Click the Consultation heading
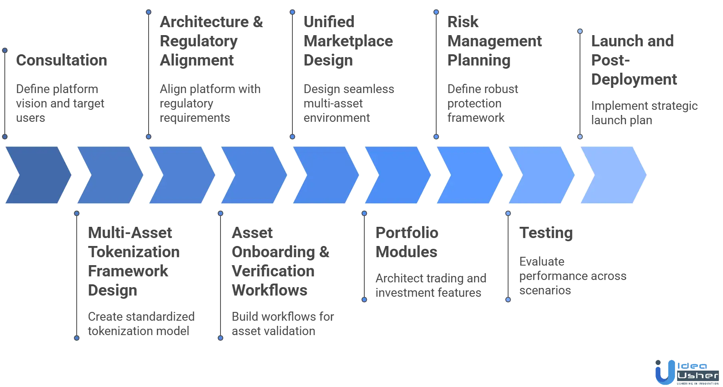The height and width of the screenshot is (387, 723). pyautogui.click(x=62, y=61)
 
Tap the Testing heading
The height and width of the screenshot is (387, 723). pyautogui.click(x=546, y=233)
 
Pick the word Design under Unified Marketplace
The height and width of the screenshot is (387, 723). pyautogui.click(x=328, y=61)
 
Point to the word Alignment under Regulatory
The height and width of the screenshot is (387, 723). pyautogui.click(x=198, y=61)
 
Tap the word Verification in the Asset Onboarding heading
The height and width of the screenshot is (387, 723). pyautogui.click(x=273, y=272)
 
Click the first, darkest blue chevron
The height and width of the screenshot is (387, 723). pyautogui.click(x=38, y=175)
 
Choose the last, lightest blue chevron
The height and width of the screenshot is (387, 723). pyautogui.click(x=613, y=175)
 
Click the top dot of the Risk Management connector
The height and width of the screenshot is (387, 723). pyautogui.click(x=436, y=12)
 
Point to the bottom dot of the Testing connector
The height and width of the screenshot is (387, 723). pyautogui.click(x=508, y=300)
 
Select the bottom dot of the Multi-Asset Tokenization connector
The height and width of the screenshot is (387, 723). pyautogui.click(x=77, y=338)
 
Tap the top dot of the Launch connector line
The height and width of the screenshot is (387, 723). pyautogui.click(x=580, y=31)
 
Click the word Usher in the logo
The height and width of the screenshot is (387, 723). pyautogui.click(x=697, y=376)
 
